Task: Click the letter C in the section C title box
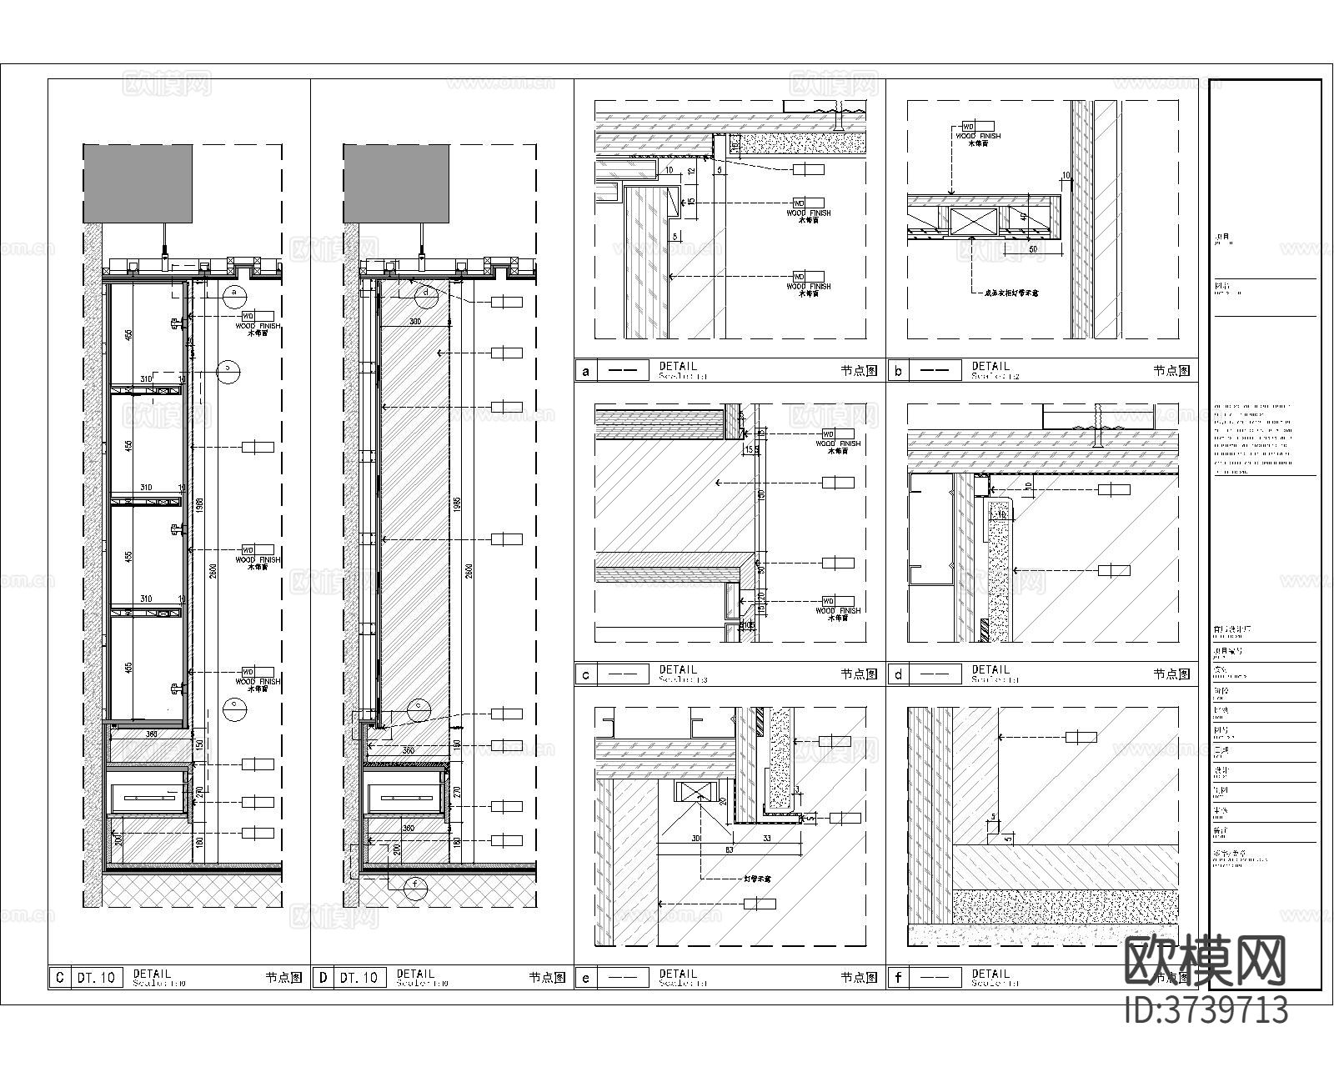click(x=58, y=977)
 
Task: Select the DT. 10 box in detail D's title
click(x=360, y=977)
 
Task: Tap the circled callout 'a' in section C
click(x=235, y=292)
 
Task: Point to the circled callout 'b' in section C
click(x=228, y=369)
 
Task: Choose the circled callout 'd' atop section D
click(x=426, y=292)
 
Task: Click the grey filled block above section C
click(x=138, y=183)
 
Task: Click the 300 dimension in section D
click(x=414, y=322)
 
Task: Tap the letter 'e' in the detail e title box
click(x=586, y=977)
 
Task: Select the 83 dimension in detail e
click(x=705, y=849)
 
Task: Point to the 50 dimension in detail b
click(x=1032, y=249)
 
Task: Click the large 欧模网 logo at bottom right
click(x=1206, y=960)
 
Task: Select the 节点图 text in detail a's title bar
click(x=859, y=371)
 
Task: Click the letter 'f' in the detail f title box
click(x=897, y=977)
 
